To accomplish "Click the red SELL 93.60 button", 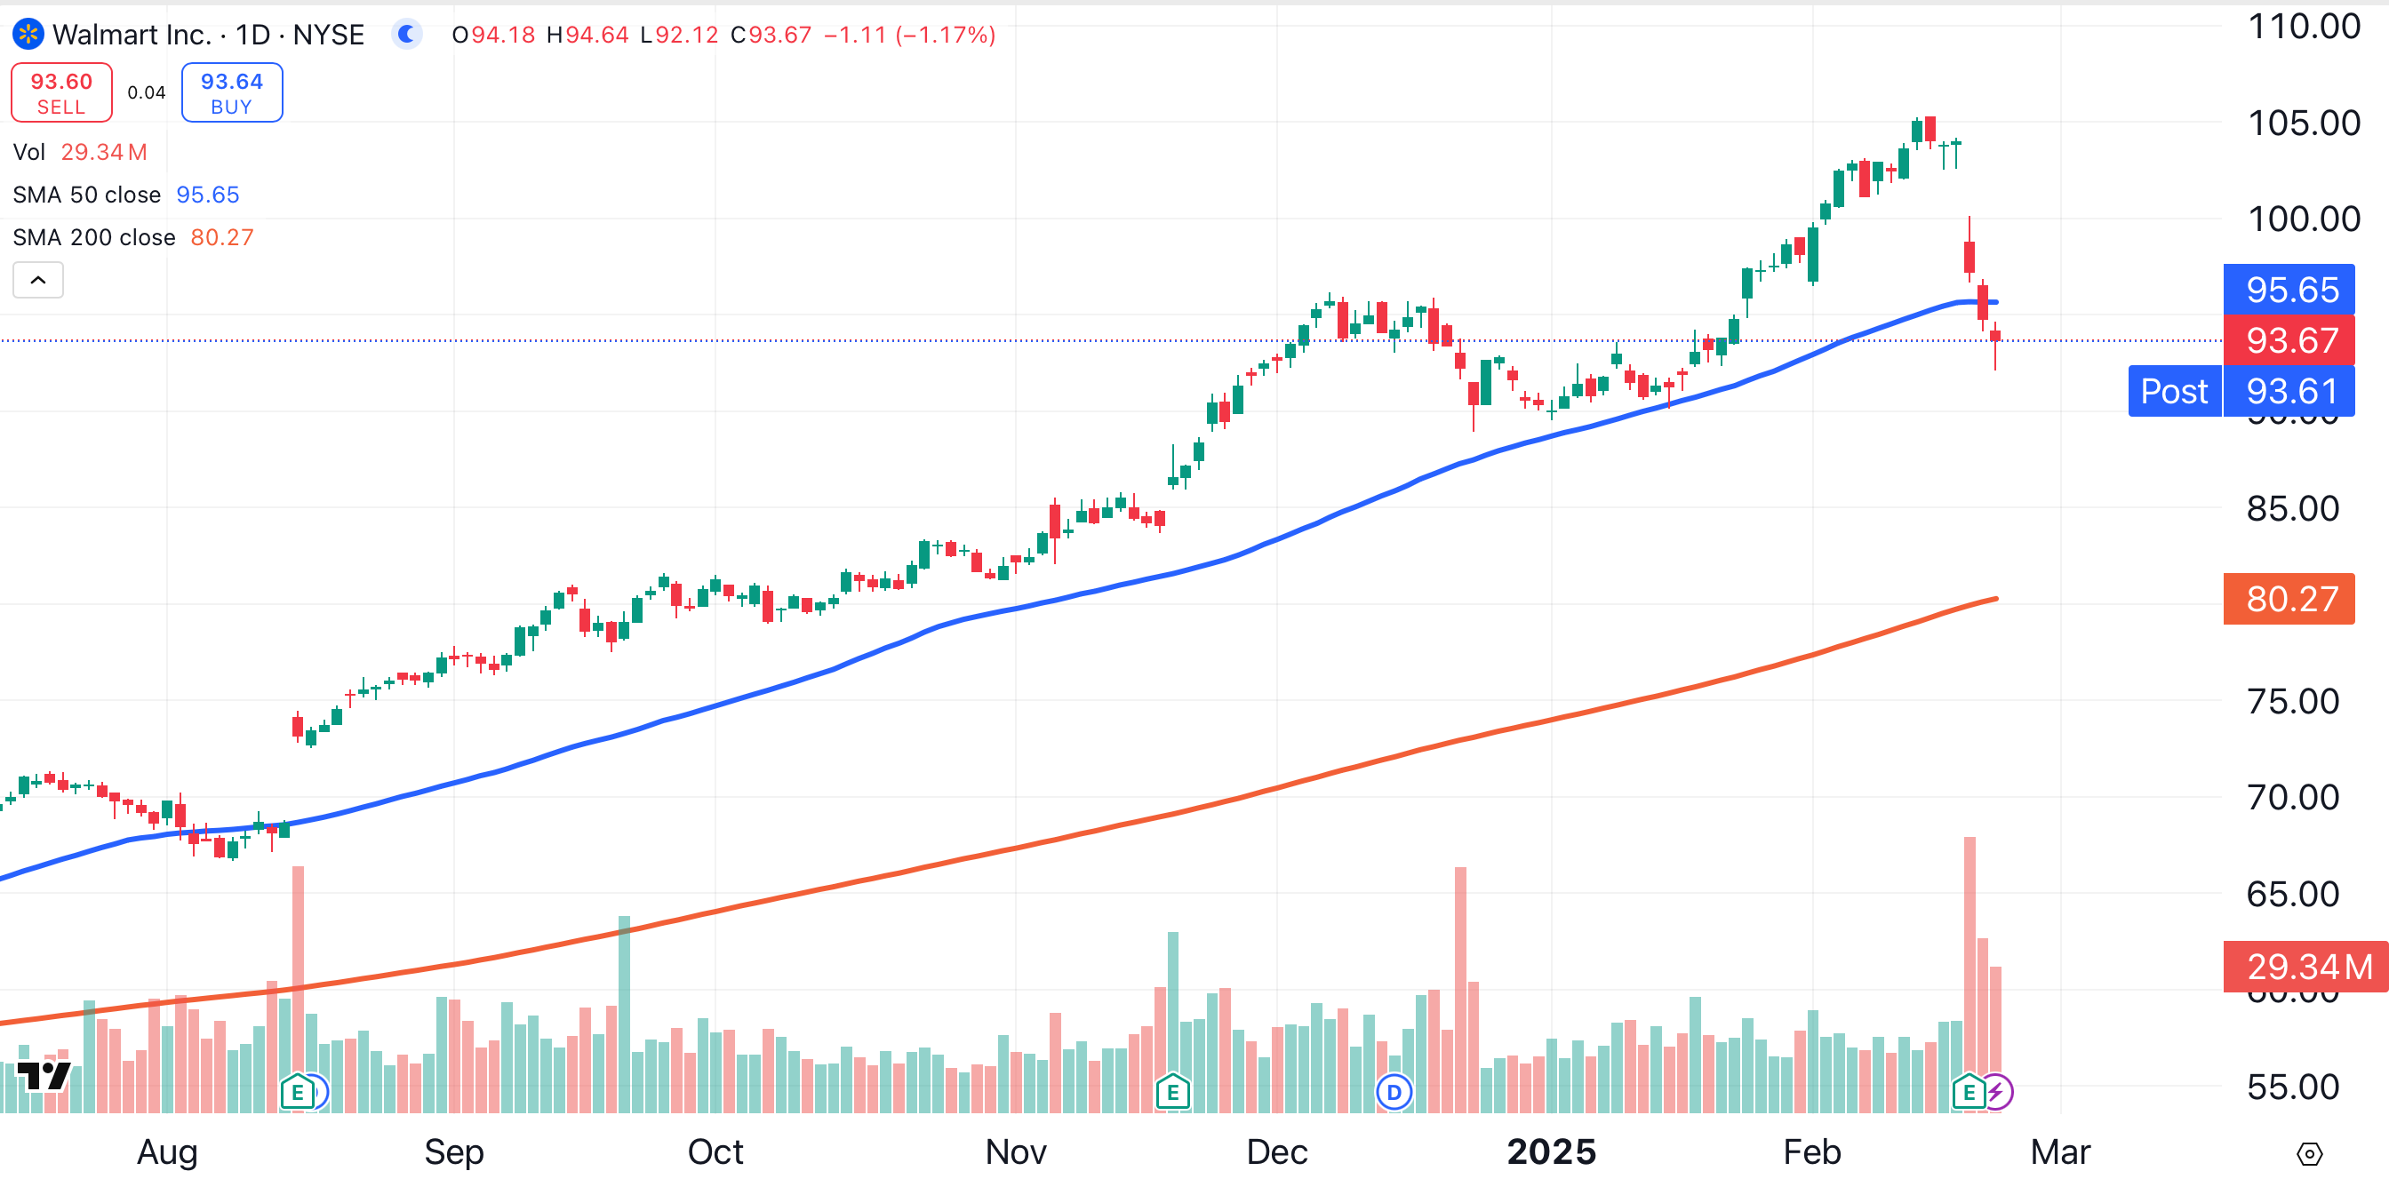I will click(x=61, y=92).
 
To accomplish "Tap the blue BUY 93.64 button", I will click(x=232, y=92).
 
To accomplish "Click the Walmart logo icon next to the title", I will click(x=28, y=36).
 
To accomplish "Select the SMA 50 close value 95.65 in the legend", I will click(x=208, y=195).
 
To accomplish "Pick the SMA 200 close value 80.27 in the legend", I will click(x=221, y=237).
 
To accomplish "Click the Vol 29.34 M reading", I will click(x=103, y=152).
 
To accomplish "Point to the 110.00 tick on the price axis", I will click(x=2304, y=26).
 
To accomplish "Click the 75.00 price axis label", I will click(x=2292, y=701).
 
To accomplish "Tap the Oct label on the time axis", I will click(x=715, y=1151).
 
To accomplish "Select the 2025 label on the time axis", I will click(x=1551, y=1151).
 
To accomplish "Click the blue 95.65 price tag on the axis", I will click(x=2291, y=290).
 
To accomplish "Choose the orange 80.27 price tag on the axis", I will click(x=2291, y=599).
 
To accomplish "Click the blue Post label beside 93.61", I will click(x=2173, y=391).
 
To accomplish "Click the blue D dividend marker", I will click(x=1394, y=1093).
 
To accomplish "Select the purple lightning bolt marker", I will click(x=1997, y=1093).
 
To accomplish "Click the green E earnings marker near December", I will click(x=1172, y=1093).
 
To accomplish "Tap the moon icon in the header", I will click(x=405, y=36).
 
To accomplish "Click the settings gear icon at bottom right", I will click(x=2309, y=1153).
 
